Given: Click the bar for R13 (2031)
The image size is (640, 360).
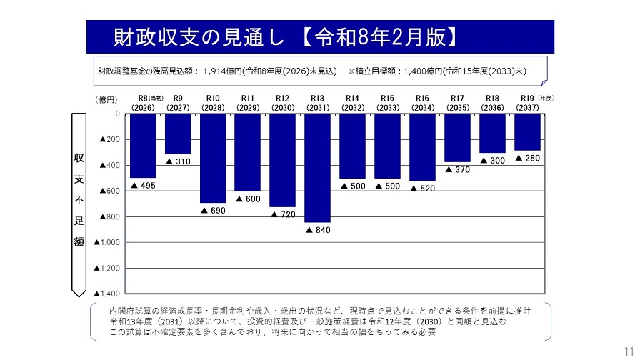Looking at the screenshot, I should (x=317, y=168).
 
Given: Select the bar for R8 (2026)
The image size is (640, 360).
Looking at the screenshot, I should (x=143, y=146).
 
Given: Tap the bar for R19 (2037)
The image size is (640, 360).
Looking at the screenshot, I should (x=527, y=131).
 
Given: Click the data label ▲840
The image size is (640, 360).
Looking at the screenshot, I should (x=319, y=230).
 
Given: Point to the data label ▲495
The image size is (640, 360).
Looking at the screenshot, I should (x=143, y=186).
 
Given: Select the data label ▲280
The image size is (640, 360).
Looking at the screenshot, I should (x=528, y=158).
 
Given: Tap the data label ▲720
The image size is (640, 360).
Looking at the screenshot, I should (x=284, y=214).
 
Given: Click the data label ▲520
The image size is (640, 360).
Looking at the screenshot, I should (x=423, y=189).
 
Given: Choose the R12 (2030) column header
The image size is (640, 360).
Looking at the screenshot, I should (x=282, y=102).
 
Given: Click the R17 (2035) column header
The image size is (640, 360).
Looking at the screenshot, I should (x=457, y=102).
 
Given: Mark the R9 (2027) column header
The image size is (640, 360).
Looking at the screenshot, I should (x=178, y=102).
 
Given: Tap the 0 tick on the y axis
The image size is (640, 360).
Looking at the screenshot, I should (x=118, y=114).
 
